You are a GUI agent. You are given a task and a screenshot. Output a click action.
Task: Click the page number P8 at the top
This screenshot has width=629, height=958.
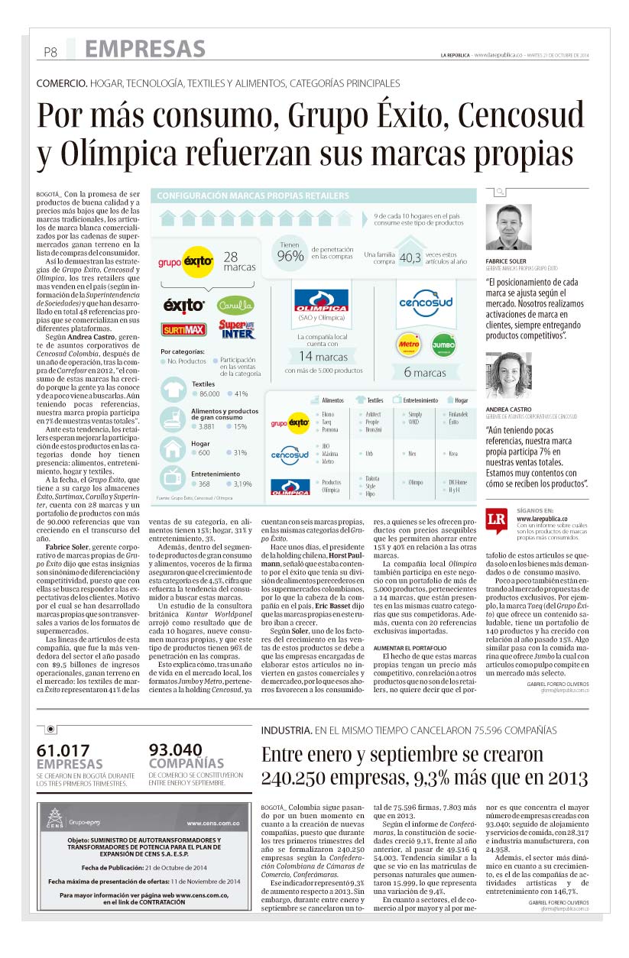point(50,53)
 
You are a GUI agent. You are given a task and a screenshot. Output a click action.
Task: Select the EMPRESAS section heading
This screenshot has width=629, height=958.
point(144,50)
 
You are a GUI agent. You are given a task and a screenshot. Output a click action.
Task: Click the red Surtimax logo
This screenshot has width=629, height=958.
point(183,329)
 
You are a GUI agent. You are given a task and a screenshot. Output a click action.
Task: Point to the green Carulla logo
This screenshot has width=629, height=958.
point(235,304)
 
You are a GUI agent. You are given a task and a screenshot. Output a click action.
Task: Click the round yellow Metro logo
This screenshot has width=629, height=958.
point(409,345)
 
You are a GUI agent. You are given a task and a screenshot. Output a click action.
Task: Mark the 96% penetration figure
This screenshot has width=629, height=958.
point(290,256)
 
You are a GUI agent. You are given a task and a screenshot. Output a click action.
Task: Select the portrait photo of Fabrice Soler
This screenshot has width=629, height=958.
point(508,228)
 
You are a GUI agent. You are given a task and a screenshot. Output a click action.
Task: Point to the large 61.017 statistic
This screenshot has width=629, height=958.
point(64,751)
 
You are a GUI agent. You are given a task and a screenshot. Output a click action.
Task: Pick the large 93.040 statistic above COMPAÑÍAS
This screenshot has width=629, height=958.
point(175,751)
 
